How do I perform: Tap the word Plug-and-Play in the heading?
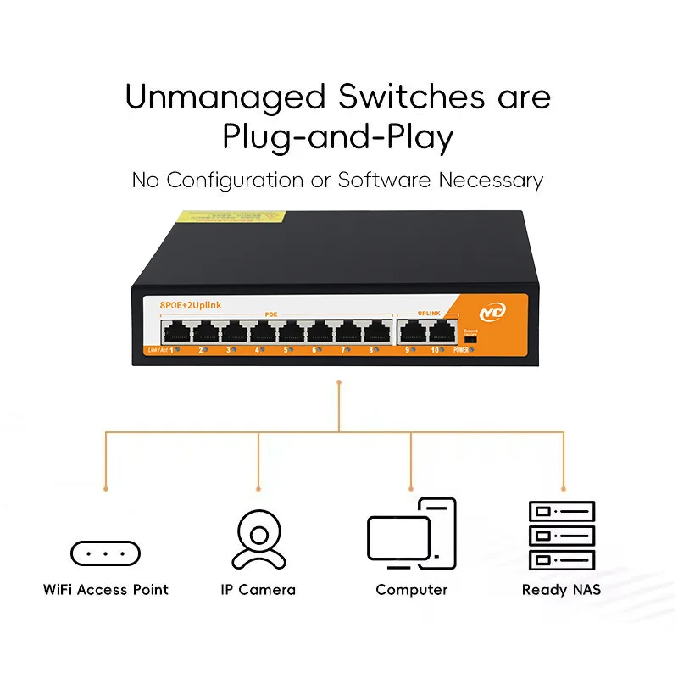coord(338,137)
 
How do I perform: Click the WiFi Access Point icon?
coord(105,553)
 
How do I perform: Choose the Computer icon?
coord(411,534)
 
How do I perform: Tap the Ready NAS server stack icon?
coord(561,536)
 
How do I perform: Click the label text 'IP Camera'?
coord(254,589)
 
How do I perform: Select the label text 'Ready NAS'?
coord(561,589)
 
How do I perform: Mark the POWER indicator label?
coord(462,349)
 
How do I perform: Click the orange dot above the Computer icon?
coord(412,489)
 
